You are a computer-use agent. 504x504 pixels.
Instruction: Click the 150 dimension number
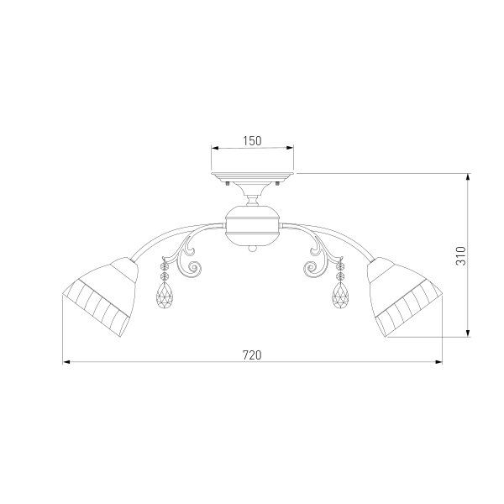pos(252,140)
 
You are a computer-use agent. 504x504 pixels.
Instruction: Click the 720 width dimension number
pos(252,354)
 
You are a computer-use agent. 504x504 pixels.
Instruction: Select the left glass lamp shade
pos(99,294)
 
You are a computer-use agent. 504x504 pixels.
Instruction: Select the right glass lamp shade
pos(404,294)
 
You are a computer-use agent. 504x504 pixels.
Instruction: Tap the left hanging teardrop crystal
pos(165,295)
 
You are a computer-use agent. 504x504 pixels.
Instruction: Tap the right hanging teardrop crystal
pos(341,295)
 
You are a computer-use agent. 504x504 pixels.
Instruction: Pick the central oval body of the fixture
pos(253,225)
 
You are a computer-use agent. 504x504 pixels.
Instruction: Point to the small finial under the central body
pos(253,248)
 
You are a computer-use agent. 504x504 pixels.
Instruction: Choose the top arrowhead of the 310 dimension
pos(468,177)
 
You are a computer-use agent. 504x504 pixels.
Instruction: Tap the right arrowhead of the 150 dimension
pos(291,150)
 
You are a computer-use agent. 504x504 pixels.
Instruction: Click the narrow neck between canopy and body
pos(253,200)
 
